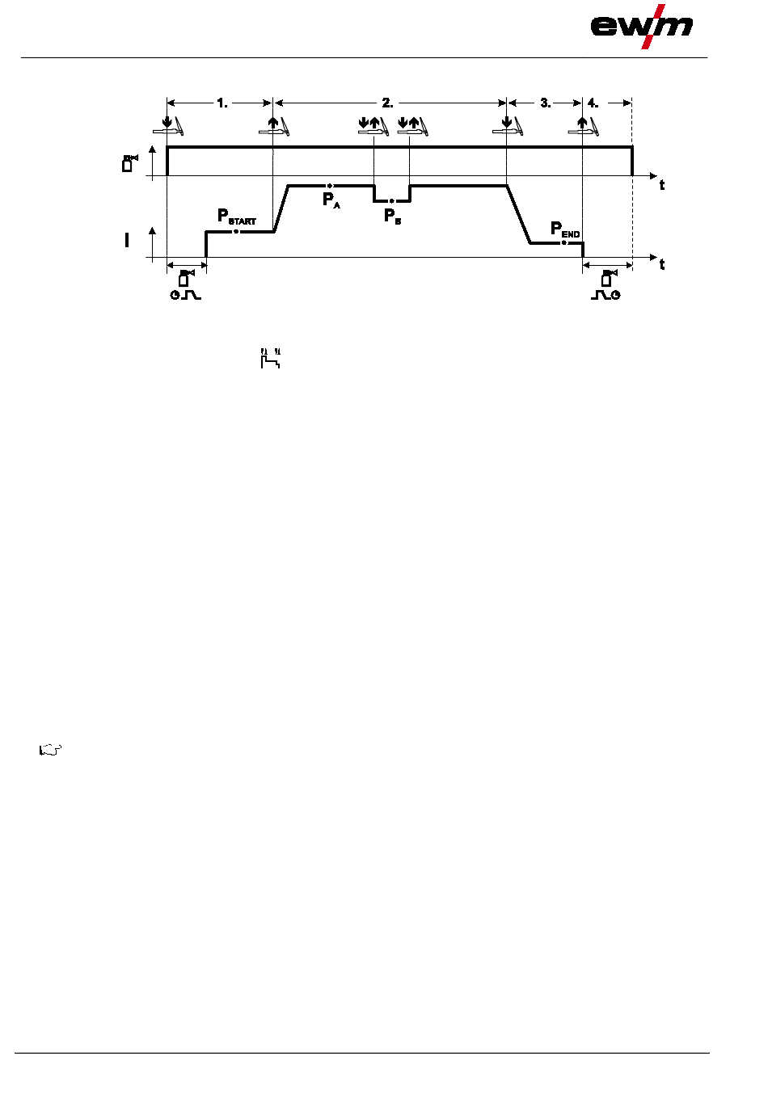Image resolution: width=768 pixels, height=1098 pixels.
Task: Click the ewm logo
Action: (x=641, y=26)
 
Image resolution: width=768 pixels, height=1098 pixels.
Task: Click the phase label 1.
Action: (x=222, y=103)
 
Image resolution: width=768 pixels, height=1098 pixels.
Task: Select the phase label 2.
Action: (x=388, y=103)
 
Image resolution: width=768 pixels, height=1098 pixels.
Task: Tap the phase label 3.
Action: (x=546, y=103)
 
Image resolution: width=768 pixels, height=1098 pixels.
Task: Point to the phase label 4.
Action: (x=593, y=103)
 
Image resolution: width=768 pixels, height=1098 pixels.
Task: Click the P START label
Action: (x=236, y=217)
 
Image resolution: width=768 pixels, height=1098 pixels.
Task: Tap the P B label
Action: (x=392, y=216)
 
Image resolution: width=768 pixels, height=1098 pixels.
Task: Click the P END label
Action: (x=565, y=229)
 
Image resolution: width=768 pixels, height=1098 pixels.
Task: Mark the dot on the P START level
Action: (x=236, y=232)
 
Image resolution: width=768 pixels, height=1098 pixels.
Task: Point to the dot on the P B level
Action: (x=392, y=200)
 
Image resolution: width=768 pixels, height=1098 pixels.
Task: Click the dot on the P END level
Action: (x=564, y=242)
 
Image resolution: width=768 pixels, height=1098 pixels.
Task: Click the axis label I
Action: (x=126, y=240)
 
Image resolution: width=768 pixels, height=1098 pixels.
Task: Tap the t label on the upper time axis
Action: (x=662, y=185)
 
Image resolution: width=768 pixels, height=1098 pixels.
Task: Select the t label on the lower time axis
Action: (x=662, y=264)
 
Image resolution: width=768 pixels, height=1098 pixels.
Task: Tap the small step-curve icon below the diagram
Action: (x=270, y=358)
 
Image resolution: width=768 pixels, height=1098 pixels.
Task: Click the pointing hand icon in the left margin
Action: (x=50, y=750)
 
